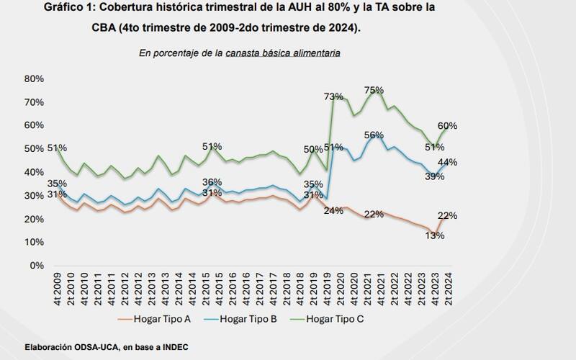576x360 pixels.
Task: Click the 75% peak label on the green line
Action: [374, 90]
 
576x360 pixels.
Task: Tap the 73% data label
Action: [333, 96]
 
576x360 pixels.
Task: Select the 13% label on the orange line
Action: [434, 235]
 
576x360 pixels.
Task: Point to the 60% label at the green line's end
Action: [446, 126]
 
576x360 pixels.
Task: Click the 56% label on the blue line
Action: [374, 135]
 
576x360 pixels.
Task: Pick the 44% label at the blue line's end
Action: [447, 162]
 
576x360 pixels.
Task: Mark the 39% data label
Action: [434, 176]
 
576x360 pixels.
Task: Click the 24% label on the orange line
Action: [333, 211]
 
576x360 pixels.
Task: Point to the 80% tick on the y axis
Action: [34, 78]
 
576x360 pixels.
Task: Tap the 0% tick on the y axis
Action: [37, 266]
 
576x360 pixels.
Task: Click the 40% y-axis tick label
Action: [34, 172]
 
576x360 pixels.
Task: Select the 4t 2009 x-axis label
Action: [57, 287]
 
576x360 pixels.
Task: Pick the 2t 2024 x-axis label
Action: [447, 287]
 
